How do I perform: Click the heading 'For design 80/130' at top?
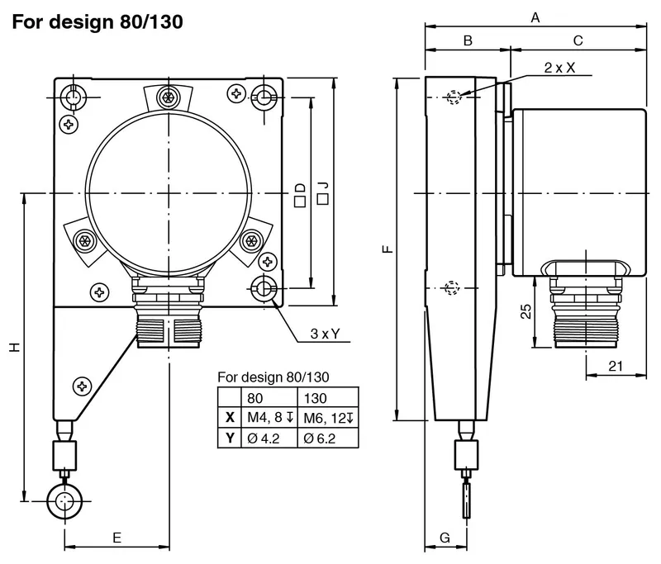pos(97,22)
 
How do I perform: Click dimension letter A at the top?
pos(535,17)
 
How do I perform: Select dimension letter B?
pos(468,40)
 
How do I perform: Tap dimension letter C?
pos(578,40)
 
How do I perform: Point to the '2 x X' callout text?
pos(559,68)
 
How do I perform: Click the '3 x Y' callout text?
pos(325,334)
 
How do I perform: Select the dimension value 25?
pos(525,311)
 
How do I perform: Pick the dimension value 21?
pos(616,366)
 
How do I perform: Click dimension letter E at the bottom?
pos(117,538)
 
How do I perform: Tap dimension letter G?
pos(445,538)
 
